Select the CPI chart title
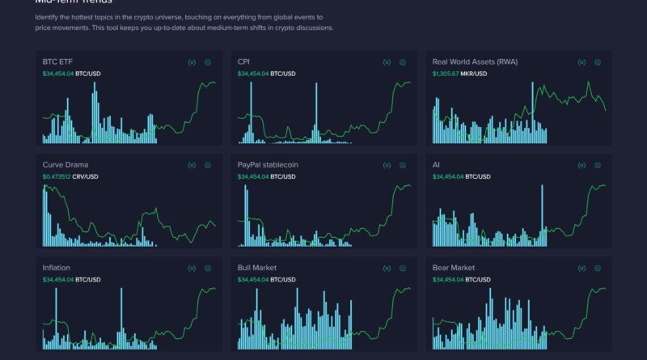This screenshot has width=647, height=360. [243, 61]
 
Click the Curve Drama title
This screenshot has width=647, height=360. [66, 164]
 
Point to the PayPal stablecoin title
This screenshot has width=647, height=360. [268, 164]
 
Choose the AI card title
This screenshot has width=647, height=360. [436, 164]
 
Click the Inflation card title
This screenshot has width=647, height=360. [57, 267]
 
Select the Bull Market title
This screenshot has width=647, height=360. [257, 267]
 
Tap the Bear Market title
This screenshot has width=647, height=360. [454, 267]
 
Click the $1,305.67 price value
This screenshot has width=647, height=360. [446, 74]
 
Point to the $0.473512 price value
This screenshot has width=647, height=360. [57, 176]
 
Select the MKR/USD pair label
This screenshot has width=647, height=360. [475, 74]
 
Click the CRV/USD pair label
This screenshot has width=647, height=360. [87, 176]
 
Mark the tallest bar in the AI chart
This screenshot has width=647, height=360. [541, 214]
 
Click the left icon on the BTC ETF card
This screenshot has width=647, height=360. [192, 62]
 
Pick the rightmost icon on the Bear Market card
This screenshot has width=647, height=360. [598, 268]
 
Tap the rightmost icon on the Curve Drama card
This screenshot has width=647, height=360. [208, 165]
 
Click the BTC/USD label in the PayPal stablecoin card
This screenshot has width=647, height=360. [283, 176]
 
